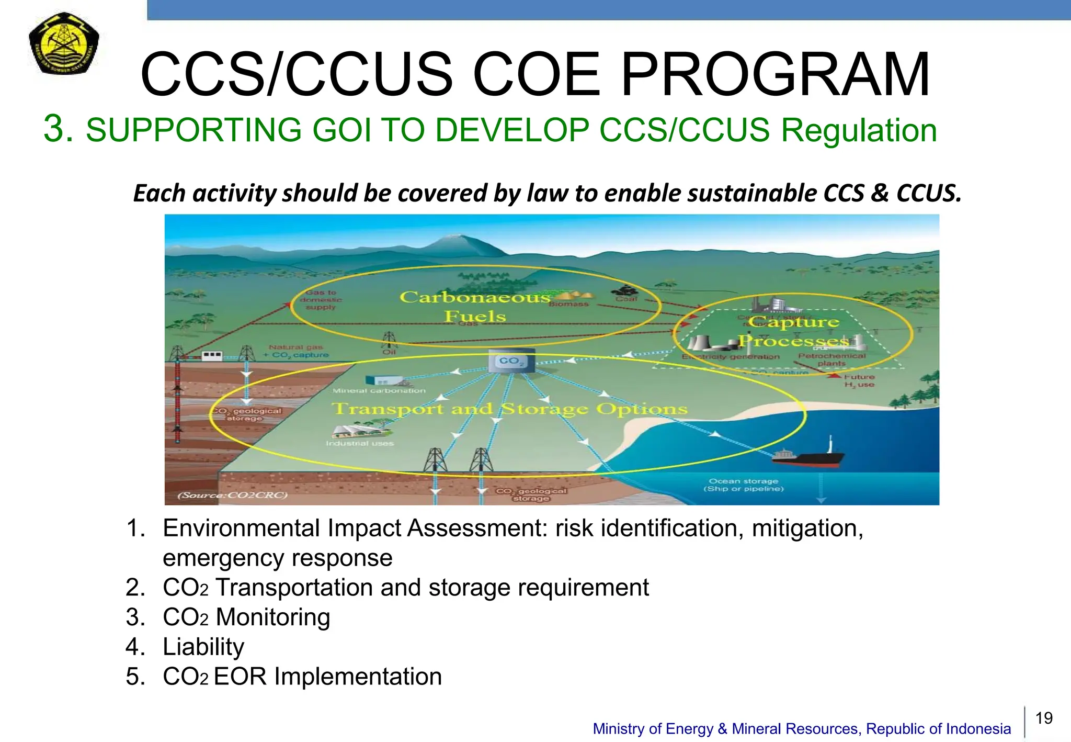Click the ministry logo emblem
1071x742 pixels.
(63, 43)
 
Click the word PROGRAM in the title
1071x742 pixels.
(774, 75)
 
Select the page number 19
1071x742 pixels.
(1044, 718)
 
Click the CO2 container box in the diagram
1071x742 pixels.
(511, 362)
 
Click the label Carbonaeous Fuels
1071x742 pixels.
(475, 307)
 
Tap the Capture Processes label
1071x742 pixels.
(793, 331)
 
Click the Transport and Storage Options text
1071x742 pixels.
(509, 409)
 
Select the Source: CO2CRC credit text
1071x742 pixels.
(233, 495)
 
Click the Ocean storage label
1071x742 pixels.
(743, 485)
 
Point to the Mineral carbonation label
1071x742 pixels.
(379, 390)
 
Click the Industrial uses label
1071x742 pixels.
(360, 443)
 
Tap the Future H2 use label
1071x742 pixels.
(859, 380)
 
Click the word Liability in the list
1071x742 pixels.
(203, 647)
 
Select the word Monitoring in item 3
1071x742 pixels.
(272, 617)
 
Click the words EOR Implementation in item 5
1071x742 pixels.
(327, 677)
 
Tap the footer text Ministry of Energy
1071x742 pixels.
(654, 728)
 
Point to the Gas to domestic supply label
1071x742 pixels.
(321, 300)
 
